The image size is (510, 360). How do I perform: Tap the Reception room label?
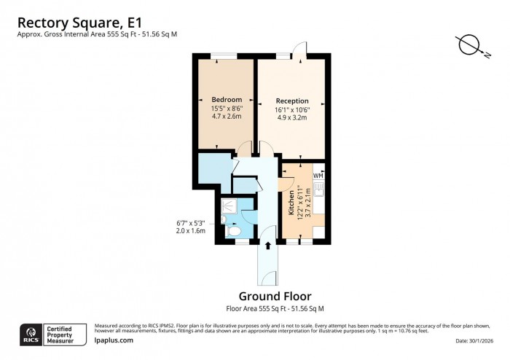click(291, 101)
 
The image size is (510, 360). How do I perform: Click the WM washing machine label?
click(318, 176)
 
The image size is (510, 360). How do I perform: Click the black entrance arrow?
click(268, 246)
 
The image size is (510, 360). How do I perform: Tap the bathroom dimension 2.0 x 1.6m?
click(191, 230)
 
